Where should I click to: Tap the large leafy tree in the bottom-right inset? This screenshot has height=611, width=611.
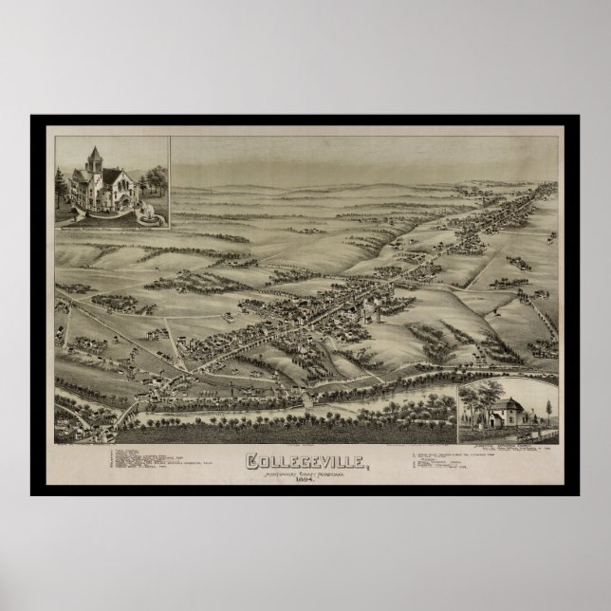[x=478, y=402]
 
